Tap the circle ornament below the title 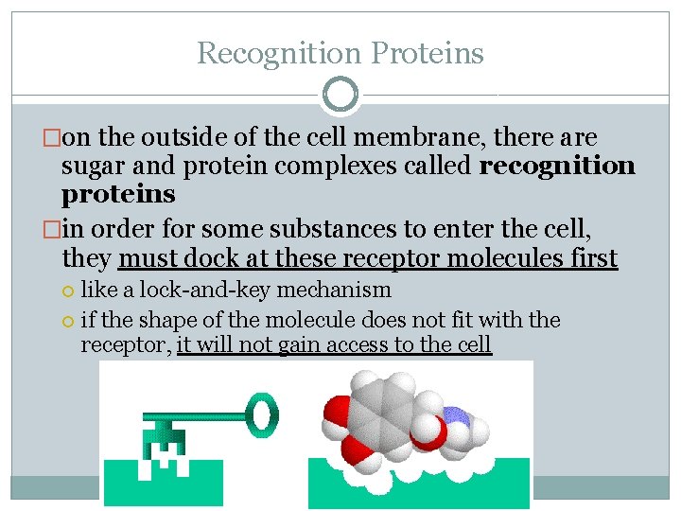pyautogui.click(x=340, y=95)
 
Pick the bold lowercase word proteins pyautogui.click(x=118, y=195)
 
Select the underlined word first pyautogui.click(x=591, y=258)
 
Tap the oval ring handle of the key pyautogui.click(x=263, y=413)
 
